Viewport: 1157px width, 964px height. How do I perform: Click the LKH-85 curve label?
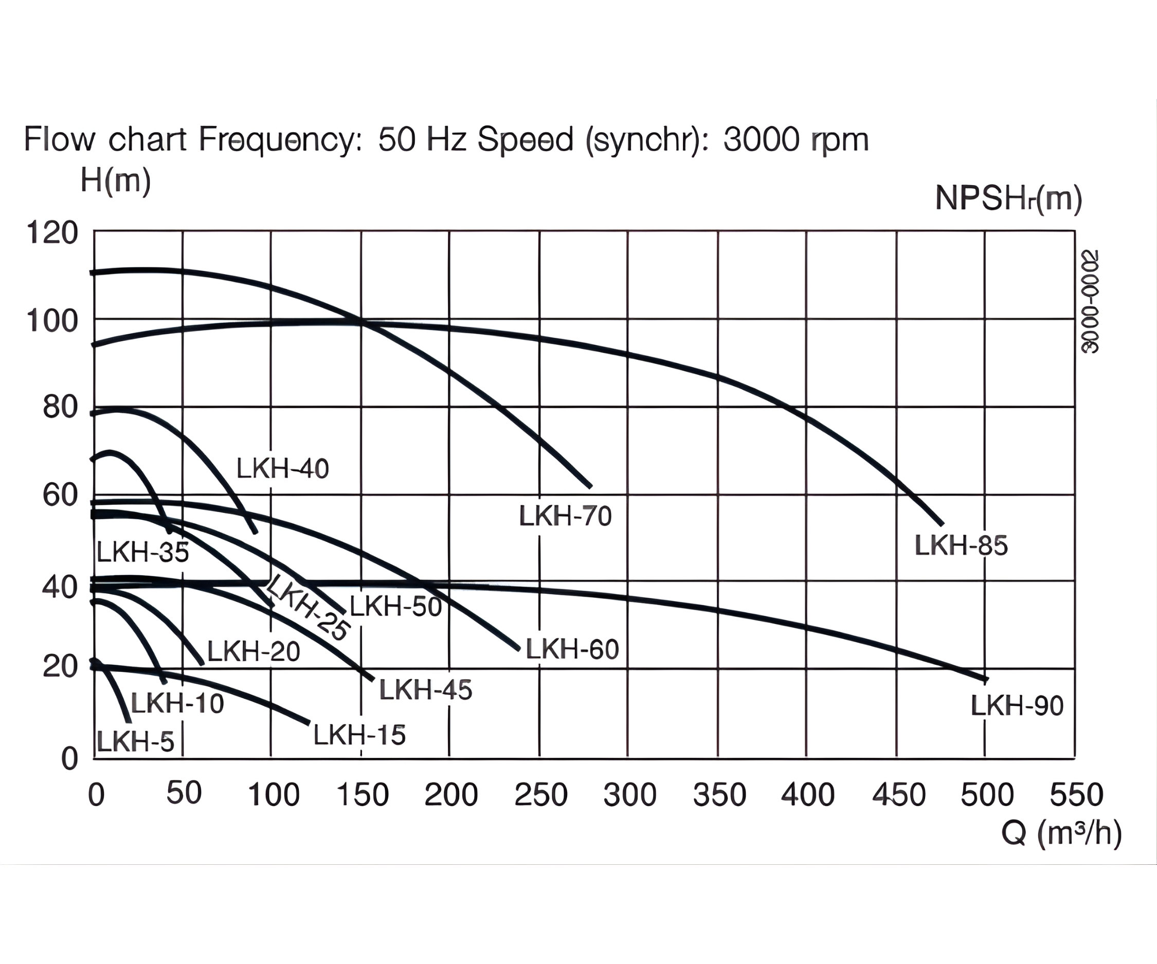961,546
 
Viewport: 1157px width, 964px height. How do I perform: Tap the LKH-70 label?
565,516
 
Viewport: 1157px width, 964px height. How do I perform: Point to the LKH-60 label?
572,649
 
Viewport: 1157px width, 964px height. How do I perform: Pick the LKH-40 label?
283,469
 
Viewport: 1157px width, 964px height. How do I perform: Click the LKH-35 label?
143,552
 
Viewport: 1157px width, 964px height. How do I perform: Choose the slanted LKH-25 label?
308,607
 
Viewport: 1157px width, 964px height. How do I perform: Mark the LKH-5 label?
136,741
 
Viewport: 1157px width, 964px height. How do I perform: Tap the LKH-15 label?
359,735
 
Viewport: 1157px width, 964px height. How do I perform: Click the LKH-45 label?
425,689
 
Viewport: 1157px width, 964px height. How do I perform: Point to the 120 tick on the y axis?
52,232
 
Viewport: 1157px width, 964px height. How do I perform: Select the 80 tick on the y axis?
60,408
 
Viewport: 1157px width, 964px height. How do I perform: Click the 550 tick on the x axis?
1076,795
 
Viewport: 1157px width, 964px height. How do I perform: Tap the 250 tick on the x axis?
540,795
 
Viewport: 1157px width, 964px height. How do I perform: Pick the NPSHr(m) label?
1008,198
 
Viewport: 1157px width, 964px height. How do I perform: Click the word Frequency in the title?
280,139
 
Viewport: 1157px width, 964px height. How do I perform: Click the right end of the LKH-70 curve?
590,486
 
